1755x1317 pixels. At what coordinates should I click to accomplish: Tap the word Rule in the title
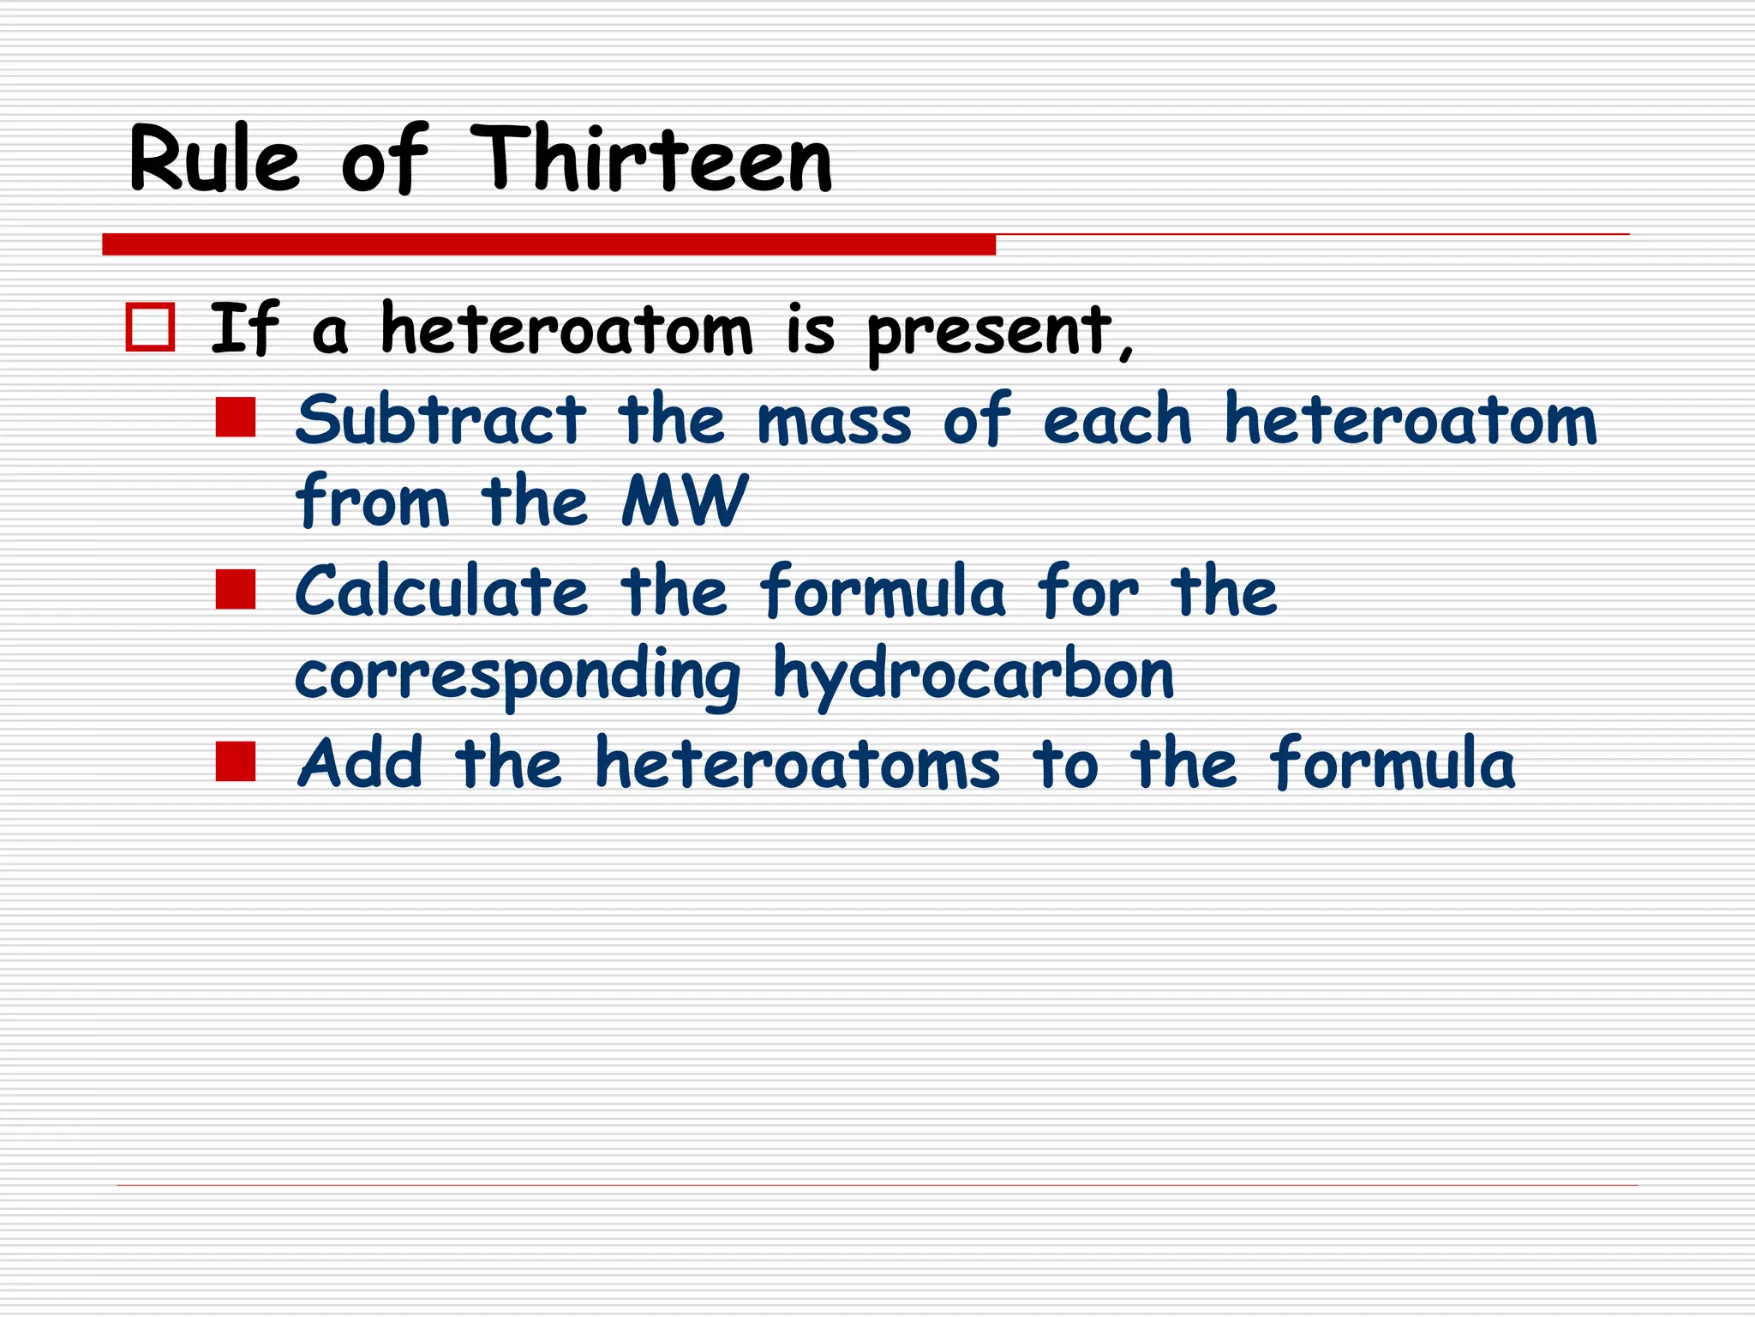point(214,160)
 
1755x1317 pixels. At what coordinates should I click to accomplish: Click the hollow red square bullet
point(150,327)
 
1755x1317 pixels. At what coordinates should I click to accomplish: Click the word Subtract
point(440,420)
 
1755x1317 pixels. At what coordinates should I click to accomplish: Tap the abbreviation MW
point(684,501)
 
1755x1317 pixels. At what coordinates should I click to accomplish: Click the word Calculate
point(441,592)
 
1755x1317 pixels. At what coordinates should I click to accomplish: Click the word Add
point(360,763)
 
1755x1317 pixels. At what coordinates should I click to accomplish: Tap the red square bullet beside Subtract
point(236,418)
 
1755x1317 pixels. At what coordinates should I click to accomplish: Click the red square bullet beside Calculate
point(236,590)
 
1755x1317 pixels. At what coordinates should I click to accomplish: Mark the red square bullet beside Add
point(236,761)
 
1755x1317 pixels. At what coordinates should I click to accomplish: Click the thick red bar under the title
point(548,244)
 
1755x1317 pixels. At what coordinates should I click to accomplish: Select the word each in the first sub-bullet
point(1117,420)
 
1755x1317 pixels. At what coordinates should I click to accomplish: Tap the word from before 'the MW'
point(372,501)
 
